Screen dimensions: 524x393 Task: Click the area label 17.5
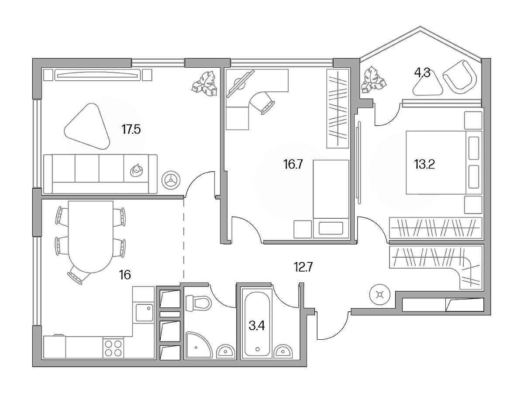(131, 130)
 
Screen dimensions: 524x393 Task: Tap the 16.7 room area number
(293, 165)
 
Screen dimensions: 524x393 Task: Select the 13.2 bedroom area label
(424, 165)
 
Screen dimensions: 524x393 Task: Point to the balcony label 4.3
(422, 73)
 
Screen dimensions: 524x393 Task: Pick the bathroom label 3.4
(257, 326)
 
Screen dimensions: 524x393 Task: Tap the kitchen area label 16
(125, 275)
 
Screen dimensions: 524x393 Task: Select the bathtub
(257, 324)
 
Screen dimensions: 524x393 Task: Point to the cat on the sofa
(136, 170)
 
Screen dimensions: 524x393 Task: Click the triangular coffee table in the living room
(87, 127)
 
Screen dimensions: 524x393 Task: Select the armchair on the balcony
(459, 78)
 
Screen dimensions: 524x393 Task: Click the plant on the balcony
(374, 79)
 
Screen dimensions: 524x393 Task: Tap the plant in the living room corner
(204, 84)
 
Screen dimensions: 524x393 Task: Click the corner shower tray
(199, 345)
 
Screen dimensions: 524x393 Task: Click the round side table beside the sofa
(172, 180)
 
